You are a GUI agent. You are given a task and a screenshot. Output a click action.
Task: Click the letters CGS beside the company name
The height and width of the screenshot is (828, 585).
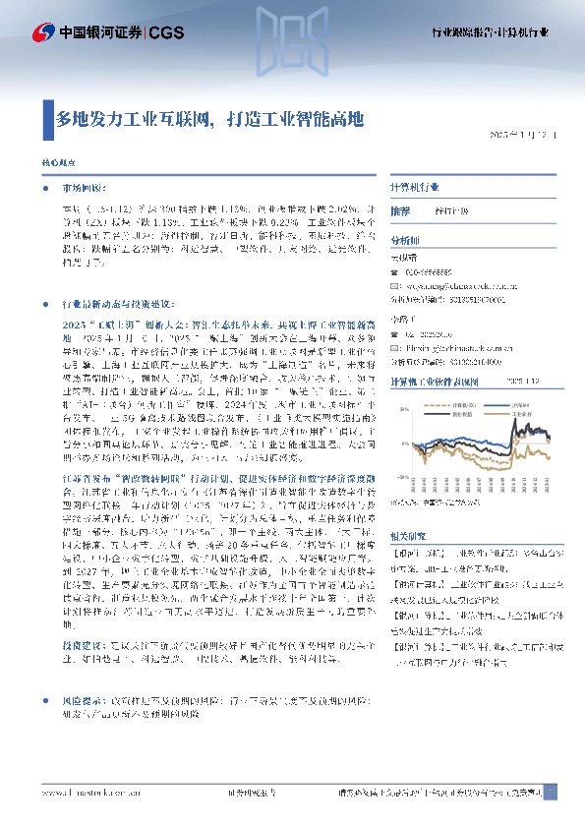tap(165, 32)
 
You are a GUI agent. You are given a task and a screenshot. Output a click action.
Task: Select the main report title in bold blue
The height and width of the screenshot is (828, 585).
tap(209, 120)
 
